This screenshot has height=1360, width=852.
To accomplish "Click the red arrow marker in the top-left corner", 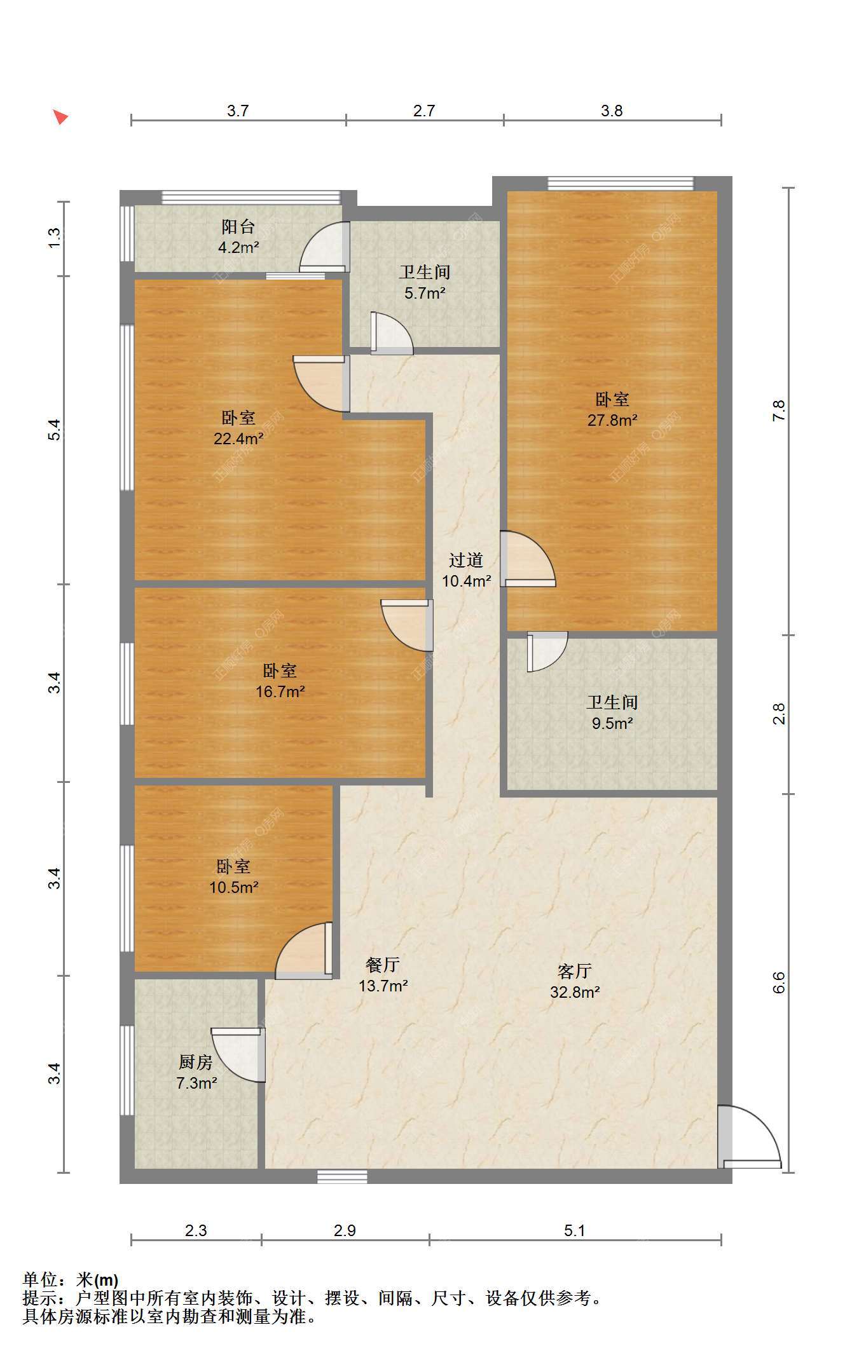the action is (x=60, y=117).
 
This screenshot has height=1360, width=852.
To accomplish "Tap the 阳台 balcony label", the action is (x=238, y=227).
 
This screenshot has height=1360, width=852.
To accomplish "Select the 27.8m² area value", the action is (x=612, y=420).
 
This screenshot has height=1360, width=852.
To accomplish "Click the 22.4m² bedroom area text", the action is (x=238, y=439).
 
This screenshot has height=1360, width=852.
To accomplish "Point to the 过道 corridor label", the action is (x=466, y=560).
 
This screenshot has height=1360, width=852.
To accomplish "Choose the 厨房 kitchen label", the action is (x=195, y=1062).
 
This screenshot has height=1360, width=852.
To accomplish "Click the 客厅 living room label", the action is (x=575, y=971).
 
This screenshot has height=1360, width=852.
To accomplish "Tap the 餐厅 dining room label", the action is (x=383, y=965).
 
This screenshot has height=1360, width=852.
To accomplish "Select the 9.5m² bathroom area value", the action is (x=612, y=723).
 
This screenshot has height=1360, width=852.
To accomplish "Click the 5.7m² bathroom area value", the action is (x=425, y=293).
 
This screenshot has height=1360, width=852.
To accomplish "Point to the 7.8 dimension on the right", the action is (x=779, y=411).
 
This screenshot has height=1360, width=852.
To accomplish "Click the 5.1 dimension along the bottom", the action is (x=574, y=1230).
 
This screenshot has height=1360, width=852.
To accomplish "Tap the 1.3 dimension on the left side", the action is (x=55, y=238).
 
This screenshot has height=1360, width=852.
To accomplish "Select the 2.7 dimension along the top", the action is (x=424, y=111).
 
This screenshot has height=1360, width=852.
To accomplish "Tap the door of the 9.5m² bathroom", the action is (x=547, y=651).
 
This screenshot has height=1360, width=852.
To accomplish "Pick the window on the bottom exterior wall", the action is (x=343, y=1176).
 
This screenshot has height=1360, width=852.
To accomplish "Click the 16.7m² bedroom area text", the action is (x=280, y=691).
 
